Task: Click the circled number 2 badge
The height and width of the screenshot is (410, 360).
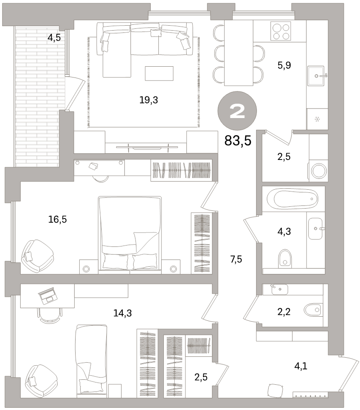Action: [x=237, y=111]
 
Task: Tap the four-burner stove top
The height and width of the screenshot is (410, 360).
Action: [x=281, y=32]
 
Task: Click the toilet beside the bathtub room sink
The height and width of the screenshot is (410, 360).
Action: [x=285, y=257]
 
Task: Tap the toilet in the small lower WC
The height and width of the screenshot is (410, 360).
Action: [x=313, y=310]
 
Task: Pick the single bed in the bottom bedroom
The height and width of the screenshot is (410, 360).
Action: [x=91, y=359]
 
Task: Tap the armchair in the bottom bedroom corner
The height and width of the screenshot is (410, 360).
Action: [x=41, y=381]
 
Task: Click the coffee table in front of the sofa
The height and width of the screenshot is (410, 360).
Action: [x=159, y=73]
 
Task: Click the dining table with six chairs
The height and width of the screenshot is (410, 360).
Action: [x=238, y=53]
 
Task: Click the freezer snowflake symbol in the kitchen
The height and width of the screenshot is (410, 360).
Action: [x=317, y=119]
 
